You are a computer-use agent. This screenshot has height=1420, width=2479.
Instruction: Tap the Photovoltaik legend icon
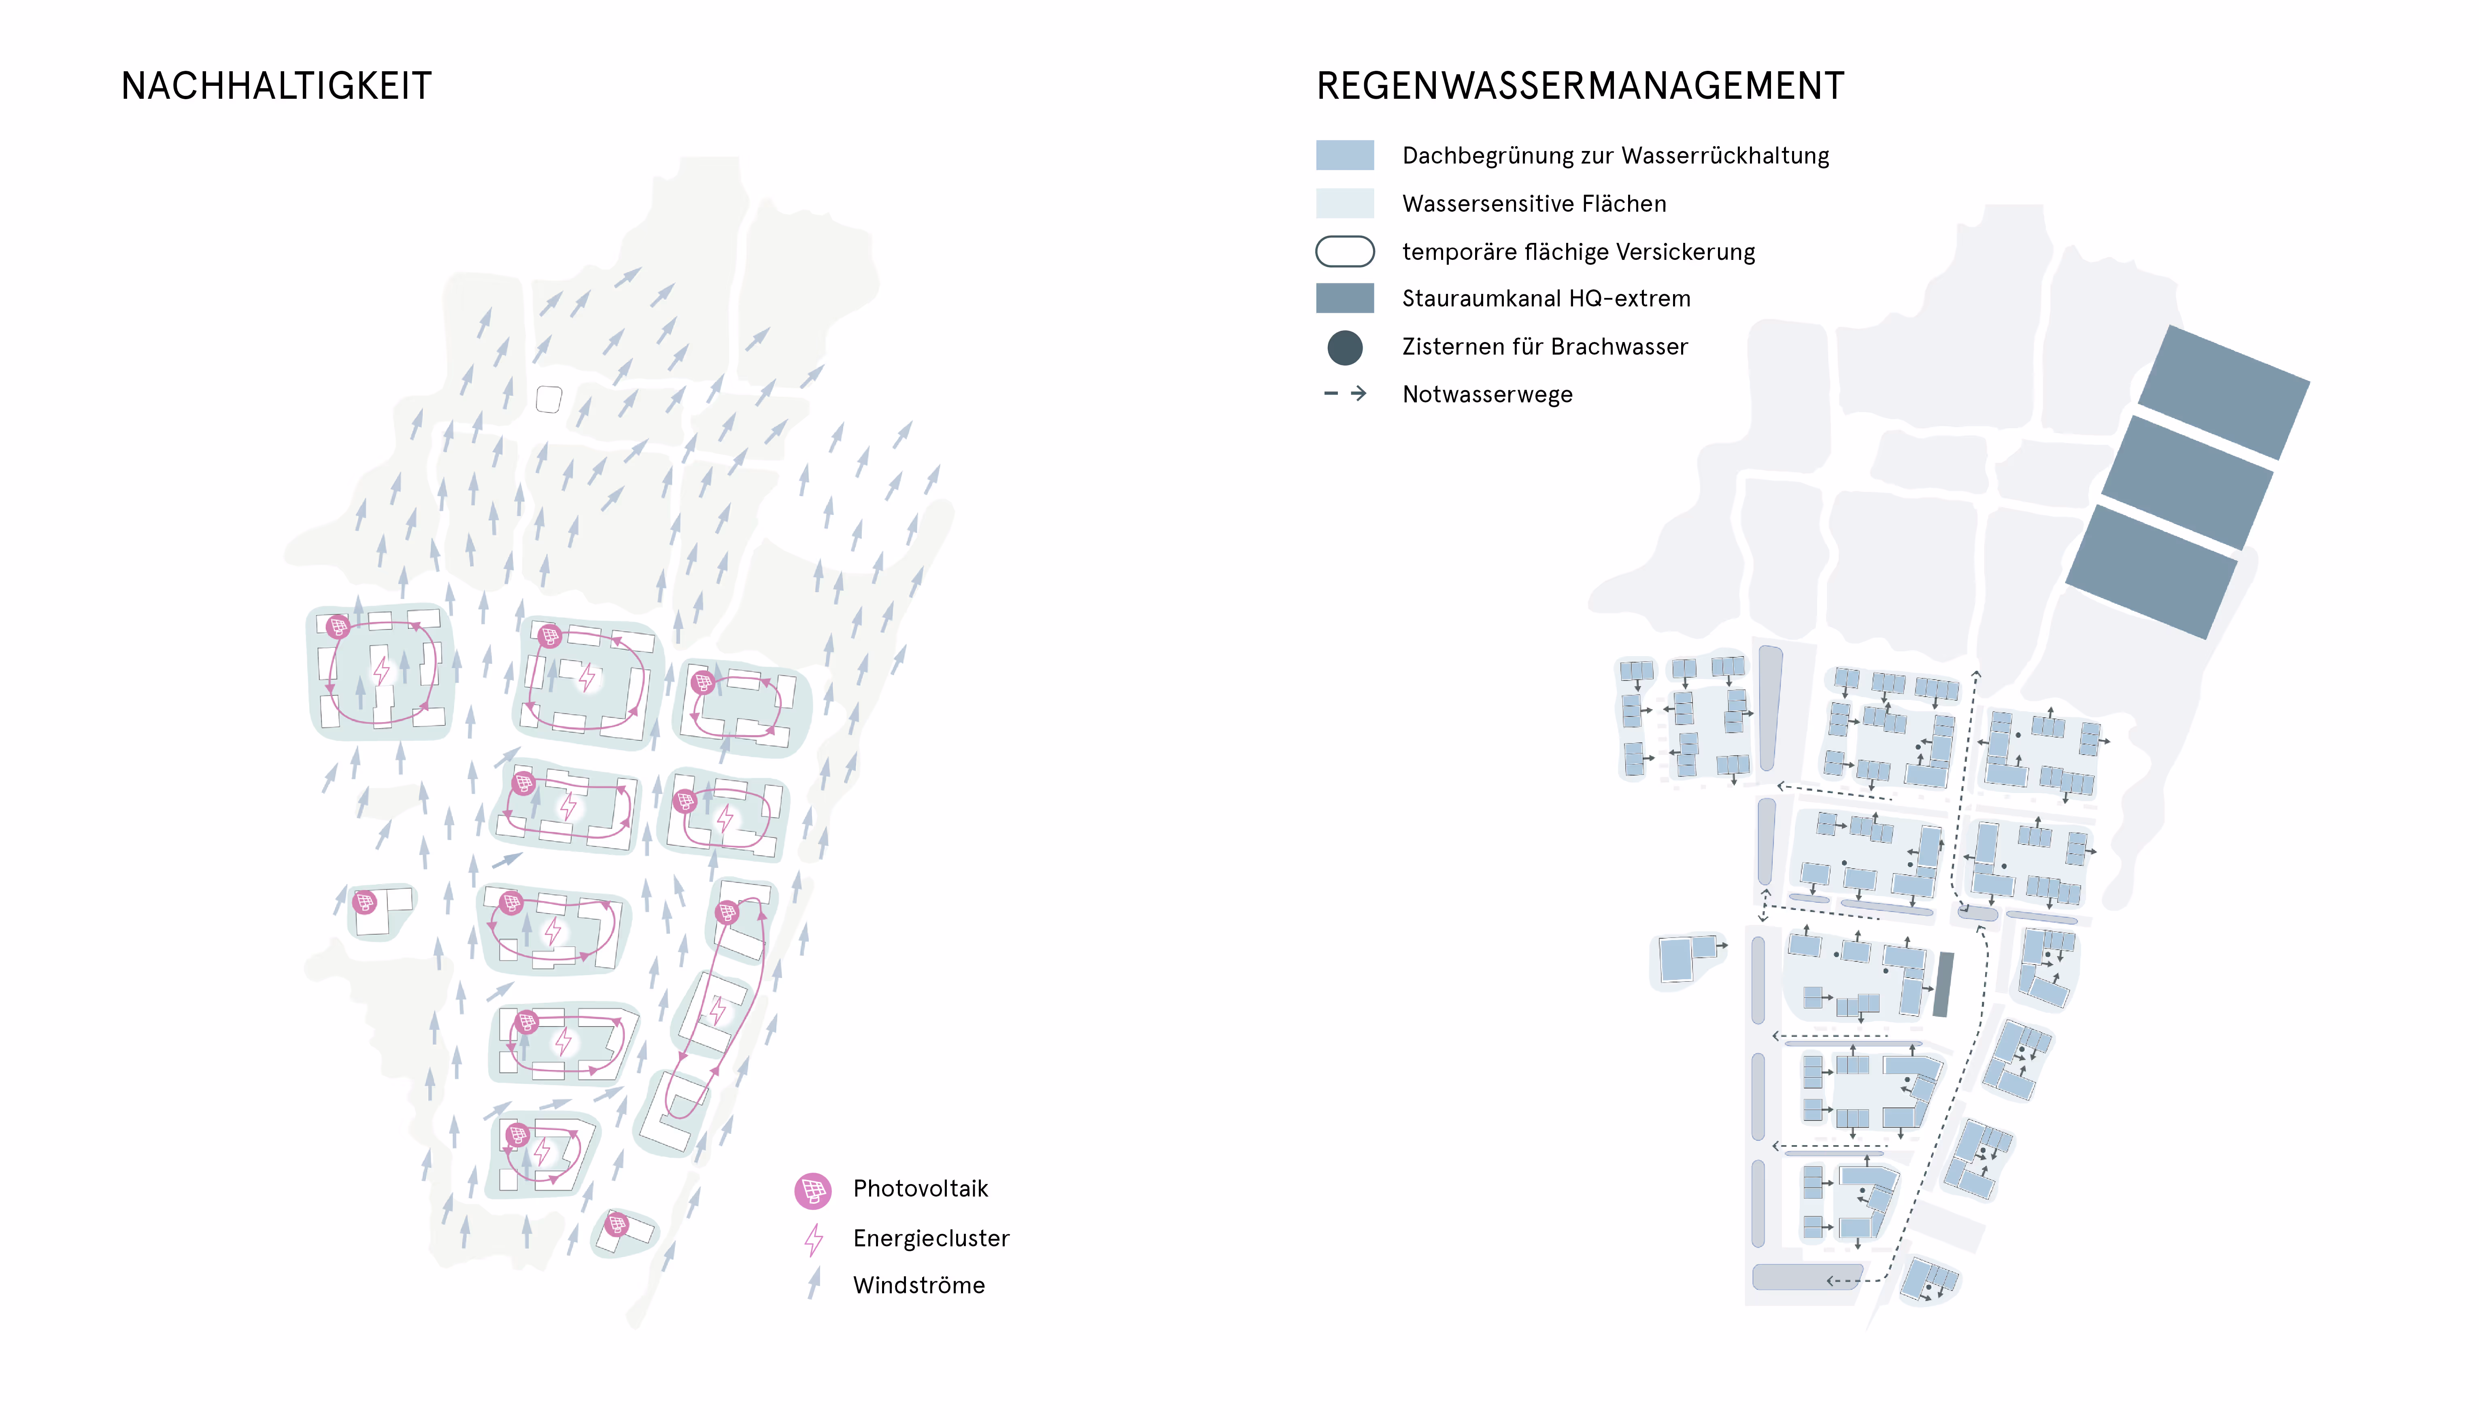tap(812, 1190)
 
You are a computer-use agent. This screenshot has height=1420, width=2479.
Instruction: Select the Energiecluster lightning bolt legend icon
tap(813, 1239)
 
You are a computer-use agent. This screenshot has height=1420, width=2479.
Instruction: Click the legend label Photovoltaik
tap(920, 1189)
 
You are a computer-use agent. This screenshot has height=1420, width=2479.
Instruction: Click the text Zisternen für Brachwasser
tap(1544, 347)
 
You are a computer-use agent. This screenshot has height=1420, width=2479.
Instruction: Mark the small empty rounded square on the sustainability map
tap(549, 399)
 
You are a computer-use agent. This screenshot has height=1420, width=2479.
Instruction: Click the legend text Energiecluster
tap(930, 1239)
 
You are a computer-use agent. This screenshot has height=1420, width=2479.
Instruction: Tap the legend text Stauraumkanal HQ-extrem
tap(1546, 298)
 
